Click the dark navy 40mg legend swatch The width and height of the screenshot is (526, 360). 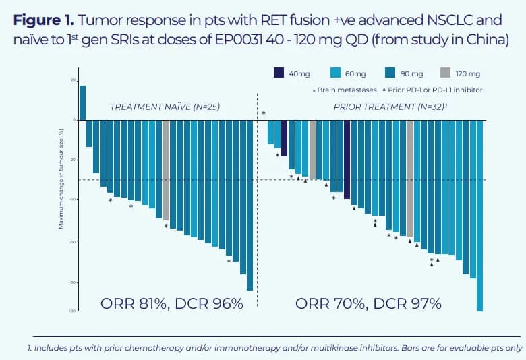(279, 73)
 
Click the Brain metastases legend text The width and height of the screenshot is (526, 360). (345, 90)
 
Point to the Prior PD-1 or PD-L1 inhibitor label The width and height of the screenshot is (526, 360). (438, 90)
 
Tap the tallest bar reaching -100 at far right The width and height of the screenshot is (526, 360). (479, 215)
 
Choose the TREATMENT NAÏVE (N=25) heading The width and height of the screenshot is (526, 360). (165, 107)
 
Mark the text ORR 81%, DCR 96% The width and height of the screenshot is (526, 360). (171, 303)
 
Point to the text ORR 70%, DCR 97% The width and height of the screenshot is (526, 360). (368, 303)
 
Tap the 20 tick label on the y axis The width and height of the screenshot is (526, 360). (73, 80)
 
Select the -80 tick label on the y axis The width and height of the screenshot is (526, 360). (73, 283)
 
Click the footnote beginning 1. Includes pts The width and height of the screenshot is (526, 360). (275, 348)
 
